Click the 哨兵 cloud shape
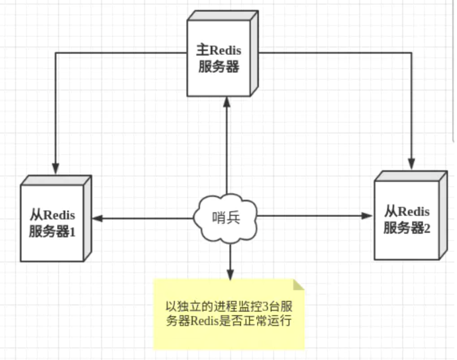[226, 218]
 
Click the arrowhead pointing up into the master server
[227, 102]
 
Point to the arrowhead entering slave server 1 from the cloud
[98, 219]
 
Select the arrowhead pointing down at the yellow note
[230, 274]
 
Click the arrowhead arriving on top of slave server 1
[56, 169]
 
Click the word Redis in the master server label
[226, 49]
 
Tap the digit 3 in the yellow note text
[263, 308]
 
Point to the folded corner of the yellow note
[298, 285]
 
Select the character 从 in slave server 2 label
[390, 211]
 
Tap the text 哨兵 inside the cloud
[226, 218]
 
